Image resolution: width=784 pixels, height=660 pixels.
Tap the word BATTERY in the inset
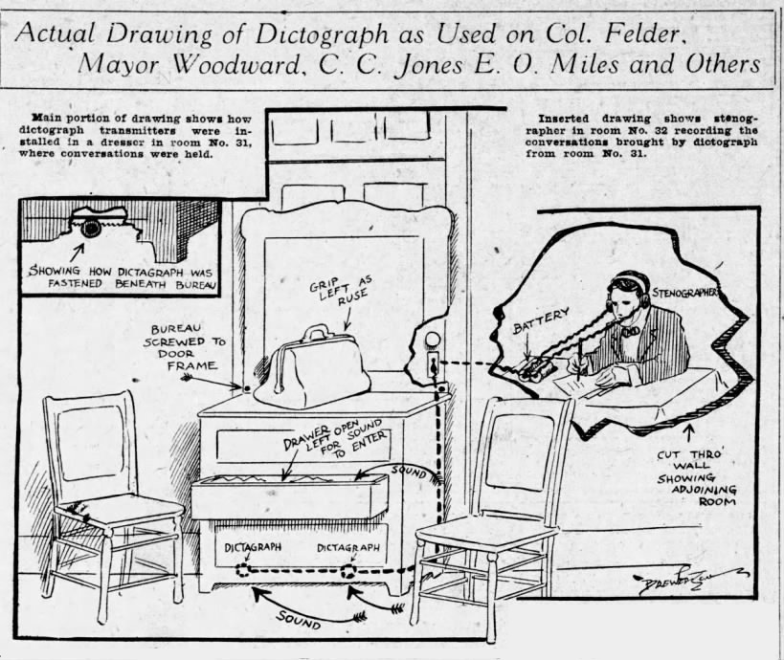(542, 320)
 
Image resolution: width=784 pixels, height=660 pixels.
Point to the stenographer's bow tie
(631, 330)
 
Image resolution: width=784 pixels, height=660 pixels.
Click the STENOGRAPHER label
(685, 292)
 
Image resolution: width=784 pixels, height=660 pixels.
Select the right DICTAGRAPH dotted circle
(348, 571)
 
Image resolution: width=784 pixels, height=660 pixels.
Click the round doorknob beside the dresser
(431, 341)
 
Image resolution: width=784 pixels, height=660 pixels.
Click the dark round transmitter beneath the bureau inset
(92, 229)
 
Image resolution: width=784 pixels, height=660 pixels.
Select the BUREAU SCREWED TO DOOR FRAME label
(185, 347)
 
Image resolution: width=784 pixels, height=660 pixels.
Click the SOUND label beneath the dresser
(300, 620)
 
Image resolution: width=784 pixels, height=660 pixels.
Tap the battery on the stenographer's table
(534, 370)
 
